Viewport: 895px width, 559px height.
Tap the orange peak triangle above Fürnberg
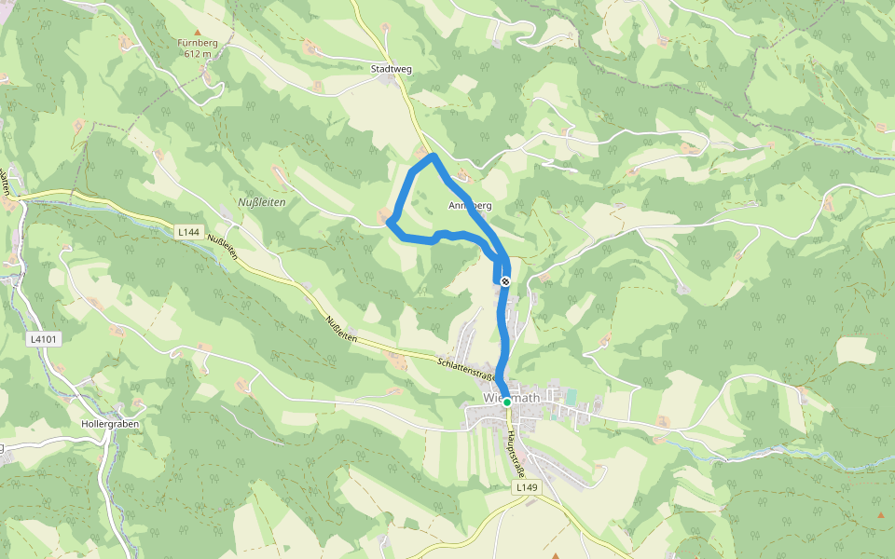(197, 32)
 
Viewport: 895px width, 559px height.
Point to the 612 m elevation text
(197, 54)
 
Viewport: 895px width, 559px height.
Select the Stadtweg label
(392, 69)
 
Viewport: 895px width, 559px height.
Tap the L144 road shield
(189, 231)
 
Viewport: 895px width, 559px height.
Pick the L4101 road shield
(44, 339)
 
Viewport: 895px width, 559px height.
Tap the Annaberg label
(469, 205)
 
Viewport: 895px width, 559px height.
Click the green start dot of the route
(507, 402)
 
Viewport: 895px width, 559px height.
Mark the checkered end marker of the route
(505, 280)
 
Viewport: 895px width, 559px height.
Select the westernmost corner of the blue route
(390, 222)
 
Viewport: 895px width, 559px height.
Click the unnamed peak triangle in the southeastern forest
(880, 514)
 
